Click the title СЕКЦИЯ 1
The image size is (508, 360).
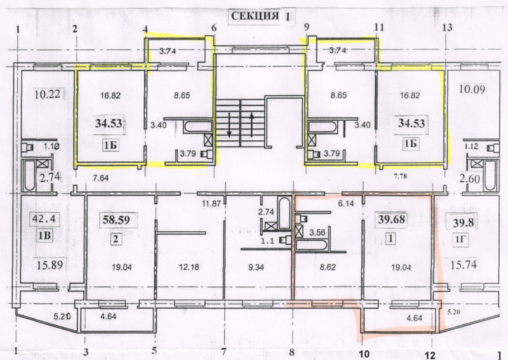click(x=260, y=17)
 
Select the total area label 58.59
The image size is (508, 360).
click(x=116, y=220)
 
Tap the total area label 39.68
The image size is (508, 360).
click(x=391, y=220)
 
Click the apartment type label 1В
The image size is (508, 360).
click(x=44, y=236)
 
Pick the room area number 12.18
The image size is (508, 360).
click(x=189, y=267)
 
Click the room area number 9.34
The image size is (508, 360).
click(x=256, y=267)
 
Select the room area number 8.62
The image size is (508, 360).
click(x=328, y=267)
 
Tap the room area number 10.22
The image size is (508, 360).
click(x=47, y=95)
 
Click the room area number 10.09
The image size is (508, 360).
click(x=472, y=89)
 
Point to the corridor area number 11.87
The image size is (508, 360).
click(x=211, y=204)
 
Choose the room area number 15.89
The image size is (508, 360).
click(x=50, y=265)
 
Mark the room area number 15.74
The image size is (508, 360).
click(x=464, y=265)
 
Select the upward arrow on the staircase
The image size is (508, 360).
click(x=251, y=124)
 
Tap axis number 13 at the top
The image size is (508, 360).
click(x=447, y=27)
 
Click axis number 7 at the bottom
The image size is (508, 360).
click(x=224, y=351)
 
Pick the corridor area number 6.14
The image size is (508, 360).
click(x=345, y=203)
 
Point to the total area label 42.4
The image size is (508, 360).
click(x=44, y=218)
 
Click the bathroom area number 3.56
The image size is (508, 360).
click(x=317, y=232)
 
